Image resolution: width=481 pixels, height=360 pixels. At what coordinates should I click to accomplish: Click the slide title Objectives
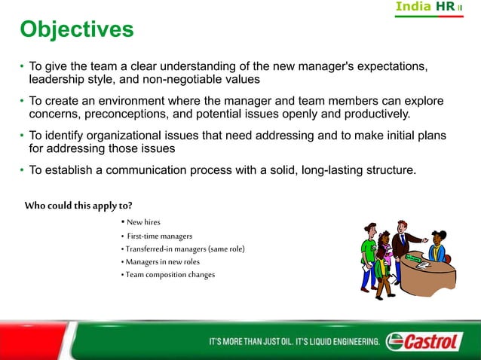click(76, 29)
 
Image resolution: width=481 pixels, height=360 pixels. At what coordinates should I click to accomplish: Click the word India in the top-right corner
click(413, 7)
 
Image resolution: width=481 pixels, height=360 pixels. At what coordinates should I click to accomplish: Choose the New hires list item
click(140, 222)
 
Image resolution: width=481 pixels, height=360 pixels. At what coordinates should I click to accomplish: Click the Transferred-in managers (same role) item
click(185, 249)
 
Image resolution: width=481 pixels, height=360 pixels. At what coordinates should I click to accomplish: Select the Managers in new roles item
click(162, 261)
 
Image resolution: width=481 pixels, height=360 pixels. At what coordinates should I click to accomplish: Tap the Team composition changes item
click(170, 274)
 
